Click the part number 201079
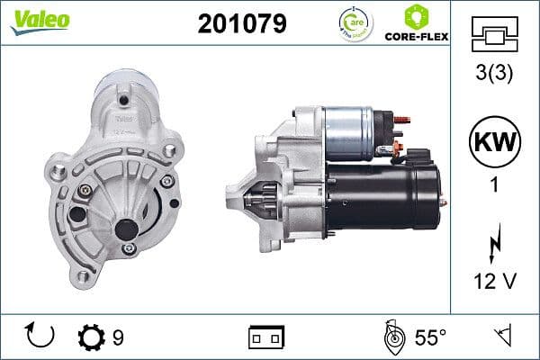click(x=241, y=23)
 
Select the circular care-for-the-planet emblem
click(x=352, y=22)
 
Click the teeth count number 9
click(x=118, y=337)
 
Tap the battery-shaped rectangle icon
click(x=266, y=337)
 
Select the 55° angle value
click(x=430, y=337)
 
